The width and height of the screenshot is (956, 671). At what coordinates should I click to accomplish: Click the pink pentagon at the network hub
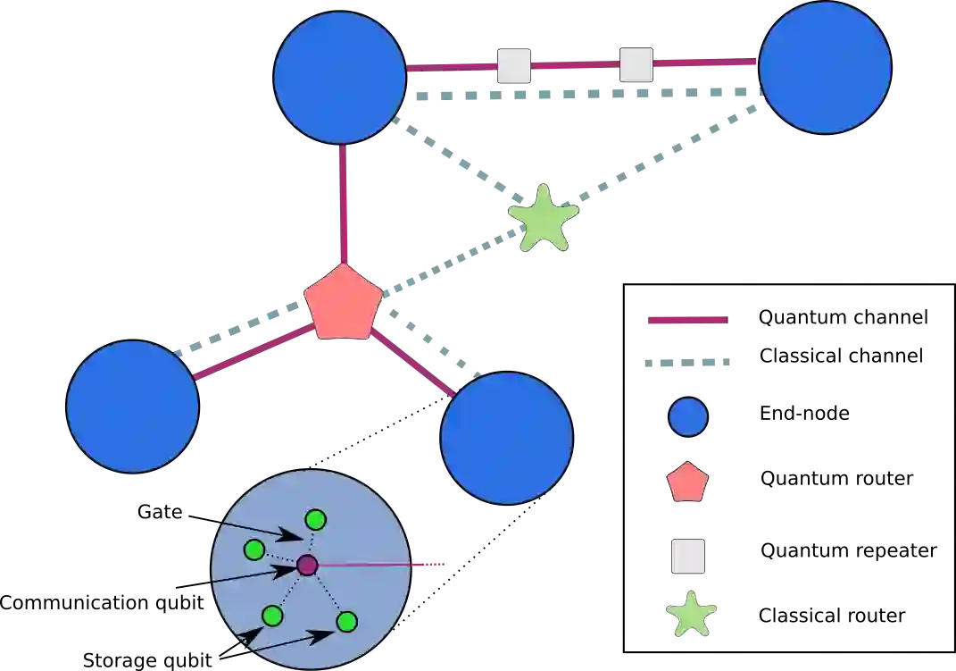tap(343, 304)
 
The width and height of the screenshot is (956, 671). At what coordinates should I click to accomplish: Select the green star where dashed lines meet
tap(543, 218)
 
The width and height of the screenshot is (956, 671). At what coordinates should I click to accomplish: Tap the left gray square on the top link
tap(514, 66)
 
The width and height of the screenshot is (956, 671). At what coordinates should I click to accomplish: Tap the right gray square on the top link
tap(636, 65)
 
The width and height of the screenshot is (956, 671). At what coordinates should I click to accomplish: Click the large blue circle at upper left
tap(340, 78)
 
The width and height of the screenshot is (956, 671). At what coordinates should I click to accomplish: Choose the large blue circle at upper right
tap(825, 68)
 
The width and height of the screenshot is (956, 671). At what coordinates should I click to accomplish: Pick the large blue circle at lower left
tap(132, 406)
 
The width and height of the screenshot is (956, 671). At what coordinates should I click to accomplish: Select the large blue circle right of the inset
tap(506, 438)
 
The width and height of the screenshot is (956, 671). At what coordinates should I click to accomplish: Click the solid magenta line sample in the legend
tap(686, 321)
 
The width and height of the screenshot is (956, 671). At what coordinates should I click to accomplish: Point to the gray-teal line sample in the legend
tap(688, 365)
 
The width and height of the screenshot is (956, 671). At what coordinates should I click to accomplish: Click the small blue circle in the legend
tap(688, 417)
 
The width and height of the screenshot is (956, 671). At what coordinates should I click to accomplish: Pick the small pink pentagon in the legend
tap(687, 483)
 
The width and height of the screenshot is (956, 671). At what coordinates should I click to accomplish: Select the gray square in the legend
tap(689, 556)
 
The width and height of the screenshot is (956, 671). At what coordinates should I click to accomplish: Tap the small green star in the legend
tap(692, 614)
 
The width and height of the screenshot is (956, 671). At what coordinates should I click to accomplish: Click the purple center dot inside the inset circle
tap(307, 565)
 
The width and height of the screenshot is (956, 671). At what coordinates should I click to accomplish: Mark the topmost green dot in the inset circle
tap(315, 519)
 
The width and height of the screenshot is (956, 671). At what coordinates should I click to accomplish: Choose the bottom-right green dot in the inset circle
tap(346, 621)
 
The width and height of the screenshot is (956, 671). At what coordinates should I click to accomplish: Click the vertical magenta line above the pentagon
tap(342, 204)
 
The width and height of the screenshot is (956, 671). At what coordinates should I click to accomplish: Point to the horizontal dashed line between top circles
tap(580, 92)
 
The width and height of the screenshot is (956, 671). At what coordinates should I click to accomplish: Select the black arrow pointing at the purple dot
tap(259, 574)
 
